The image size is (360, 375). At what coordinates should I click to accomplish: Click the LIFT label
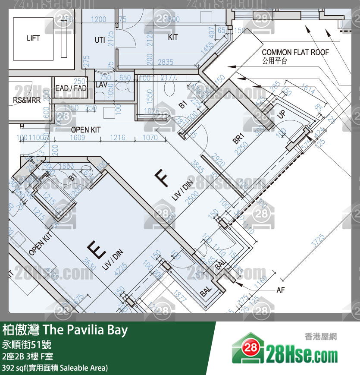pyautogui.click(x=33, y=38)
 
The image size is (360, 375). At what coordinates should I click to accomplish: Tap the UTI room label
pyautogui.click(x=100, y=40)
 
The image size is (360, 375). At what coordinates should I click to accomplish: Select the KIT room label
pyautogui.click(x=172, y=38)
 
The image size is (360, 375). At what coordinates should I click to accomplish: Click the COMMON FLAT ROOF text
pyautogui.click(x=295, y=52)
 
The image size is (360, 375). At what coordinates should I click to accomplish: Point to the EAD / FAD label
pyautogui.click(x=71, y=88)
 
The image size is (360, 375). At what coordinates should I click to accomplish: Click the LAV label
pyautogui.click(x=101, y=85)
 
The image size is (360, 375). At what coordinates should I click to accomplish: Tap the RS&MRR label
pyautogui.click(x=27, y=100)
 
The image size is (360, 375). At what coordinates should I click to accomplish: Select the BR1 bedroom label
pyautogui.click(x=238, y=139)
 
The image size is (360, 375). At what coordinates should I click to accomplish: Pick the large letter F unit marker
pyautogui.click(x=162, y=178)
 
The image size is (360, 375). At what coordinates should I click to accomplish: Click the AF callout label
pyautogui.click(x=280, y=290)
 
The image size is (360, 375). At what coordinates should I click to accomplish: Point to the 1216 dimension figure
pyautogui.click(x=117, y=138)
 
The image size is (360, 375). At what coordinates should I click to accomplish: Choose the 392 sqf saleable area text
pyautogui.click(x=55, y=368)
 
